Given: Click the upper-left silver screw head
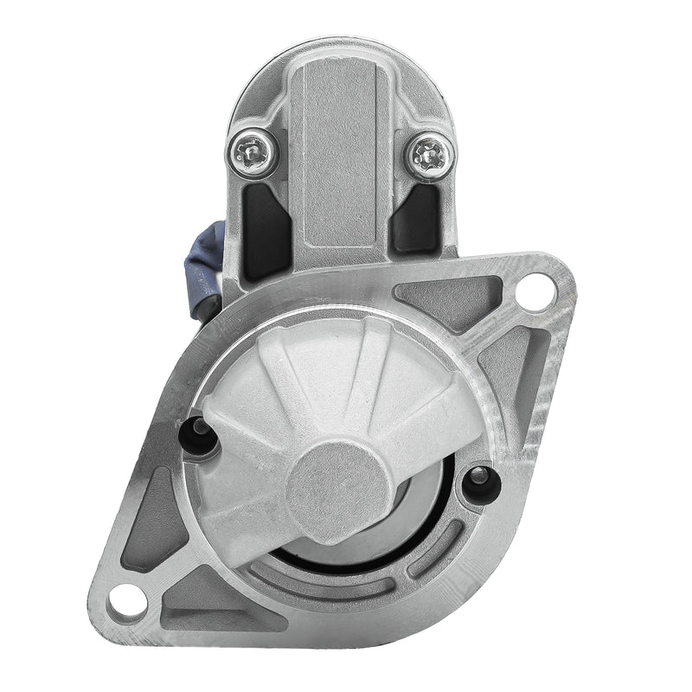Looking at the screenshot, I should tap(252, 154).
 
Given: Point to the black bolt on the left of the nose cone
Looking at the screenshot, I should tap(200, 434).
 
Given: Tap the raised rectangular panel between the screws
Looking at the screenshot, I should tap(339, 156).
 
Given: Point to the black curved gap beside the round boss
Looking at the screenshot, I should tap(424, 510).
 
